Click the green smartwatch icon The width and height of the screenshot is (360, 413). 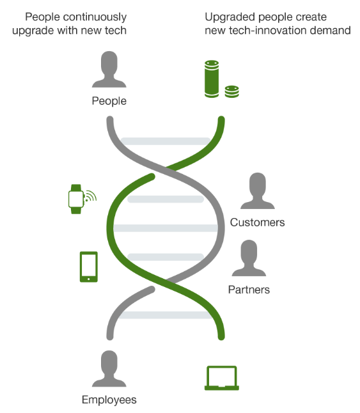point(76,199)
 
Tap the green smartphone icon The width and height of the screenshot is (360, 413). point(89,267)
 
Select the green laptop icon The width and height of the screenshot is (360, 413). point(222,378)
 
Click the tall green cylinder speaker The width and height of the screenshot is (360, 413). point(212,79)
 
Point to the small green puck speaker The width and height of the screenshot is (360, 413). point(232,91)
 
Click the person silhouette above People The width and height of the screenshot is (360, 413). point(109,69)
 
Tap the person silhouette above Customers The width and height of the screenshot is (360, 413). point(258,191)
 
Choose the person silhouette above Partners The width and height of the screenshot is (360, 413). point(249,258)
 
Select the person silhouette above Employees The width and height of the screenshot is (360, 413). point(109,369)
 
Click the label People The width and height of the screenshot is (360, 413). point(109,101)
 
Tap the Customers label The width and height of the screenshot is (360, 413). point(257,222)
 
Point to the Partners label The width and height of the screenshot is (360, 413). point(249,290)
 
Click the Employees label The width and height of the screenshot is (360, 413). point(109,400)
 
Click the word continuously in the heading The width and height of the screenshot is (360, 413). point(95,17)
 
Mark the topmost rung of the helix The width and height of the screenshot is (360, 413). point(166,141)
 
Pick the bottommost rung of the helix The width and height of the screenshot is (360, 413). point(166,315)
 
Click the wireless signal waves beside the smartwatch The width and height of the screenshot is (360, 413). point(91,196)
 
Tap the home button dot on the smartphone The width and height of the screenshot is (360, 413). point(88,279)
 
